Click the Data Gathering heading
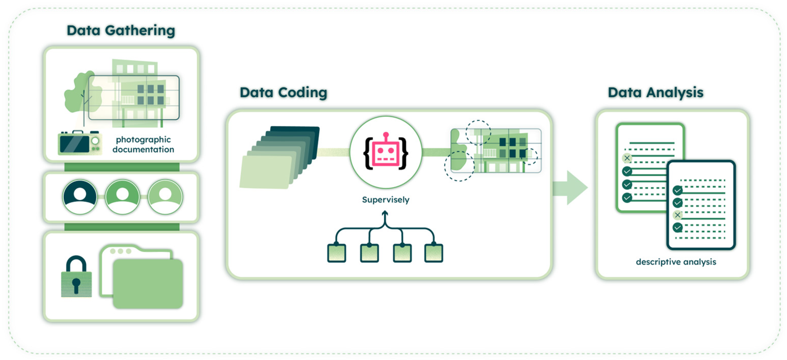pos(121,31)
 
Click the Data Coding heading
pos(283,93)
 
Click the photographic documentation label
pos(143,144)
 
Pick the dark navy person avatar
pos(80,197)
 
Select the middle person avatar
pos(123,197)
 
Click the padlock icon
pos(76,276)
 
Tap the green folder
pos(148,283)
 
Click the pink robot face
pos(386,152)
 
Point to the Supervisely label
pos(386,200)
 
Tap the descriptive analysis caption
pos(676,262)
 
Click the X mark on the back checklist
pos(627,158)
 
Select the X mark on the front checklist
pos(677,215)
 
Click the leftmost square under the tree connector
pos(336,253)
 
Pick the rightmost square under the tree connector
pos(433,253)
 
